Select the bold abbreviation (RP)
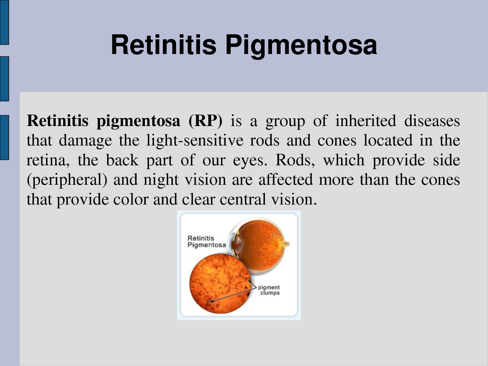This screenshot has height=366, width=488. [205, 121]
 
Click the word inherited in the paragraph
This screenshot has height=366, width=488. [365, 121]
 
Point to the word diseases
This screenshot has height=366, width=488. [432, 121]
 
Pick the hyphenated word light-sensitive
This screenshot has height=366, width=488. [195, 141]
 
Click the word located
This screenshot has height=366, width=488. [388, 140]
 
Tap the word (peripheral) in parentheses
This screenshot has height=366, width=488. [67, 180]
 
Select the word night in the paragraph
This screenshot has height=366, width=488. [161, 180]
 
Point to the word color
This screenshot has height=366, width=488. [131, 199]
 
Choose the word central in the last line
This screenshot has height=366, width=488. [243, 199]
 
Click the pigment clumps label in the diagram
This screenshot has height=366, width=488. [269, 290]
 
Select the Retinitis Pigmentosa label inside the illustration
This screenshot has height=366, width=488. [206, 242]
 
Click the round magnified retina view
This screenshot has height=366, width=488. [221, 285]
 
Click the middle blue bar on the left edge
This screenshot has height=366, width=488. [5, 79]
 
